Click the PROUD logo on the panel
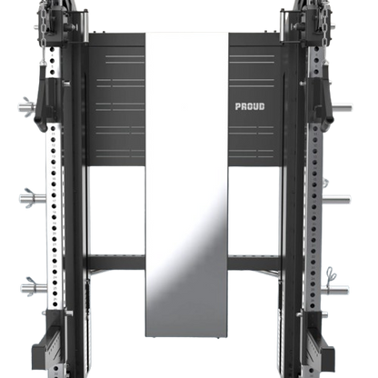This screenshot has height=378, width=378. (250, 106)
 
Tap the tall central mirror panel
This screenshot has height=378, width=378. (186, 184)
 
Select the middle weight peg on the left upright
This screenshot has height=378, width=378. (33, 198)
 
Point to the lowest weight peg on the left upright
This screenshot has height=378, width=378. (34, 287)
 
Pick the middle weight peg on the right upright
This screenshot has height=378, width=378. (336, 200)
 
